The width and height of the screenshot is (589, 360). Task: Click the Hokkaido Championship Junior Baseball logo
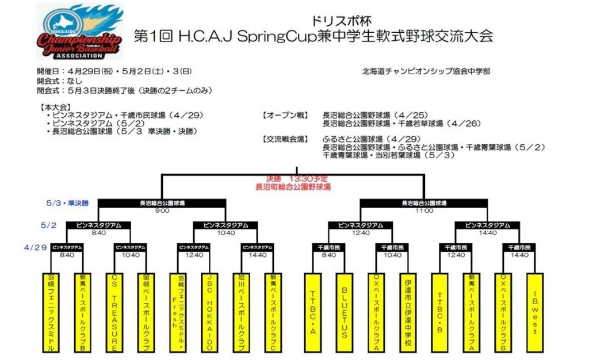(x=79, y=32)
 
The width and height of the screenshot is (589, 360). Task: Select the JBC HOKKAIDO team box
(x=210, y=312)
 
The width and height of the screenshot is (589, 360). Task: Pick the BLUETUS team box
(x=345, y=312)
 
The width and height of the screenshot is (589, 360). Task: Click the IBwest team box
(x=535, y=312)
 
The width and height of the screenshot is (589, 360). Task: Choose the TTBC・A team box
(x=313, y=312)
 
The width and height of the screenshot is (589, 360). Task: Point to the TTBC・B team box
(x=440, y=312)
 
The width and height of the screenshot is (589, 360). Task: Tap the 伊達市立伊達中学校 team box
(x=408, y=312)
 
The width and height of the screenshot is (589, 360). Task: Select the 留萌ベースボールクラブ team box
(x=147, y=312)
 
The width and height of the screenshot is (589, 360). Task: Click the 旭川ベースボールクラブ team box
(x=242, y=312)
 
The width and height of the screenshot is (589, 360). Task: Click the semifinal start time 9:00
(x=162, y=210)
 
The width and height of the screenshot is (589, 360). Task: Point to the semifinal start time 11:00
(x=424, y=210)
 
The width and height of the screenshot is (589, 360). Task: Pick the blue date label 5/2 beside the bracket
(x=48, y=225)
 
